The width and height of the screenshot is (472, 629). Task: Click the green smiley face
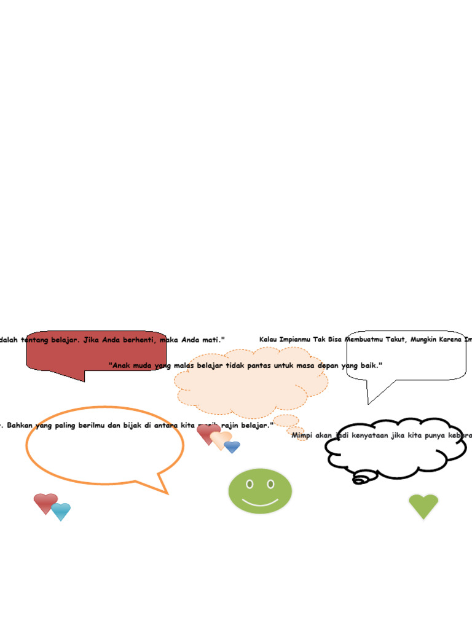pyautogui.click(x=260, y=491)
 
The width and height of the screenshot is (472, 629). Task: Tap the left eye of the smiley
pyautogui.click(x=250, y=484)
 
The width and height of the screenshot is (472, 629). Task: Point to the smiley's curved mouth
pyautogui.click(x=260, y=502)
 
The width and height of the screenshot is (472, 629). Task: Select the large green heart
pyautogui.click(x=423, y=506)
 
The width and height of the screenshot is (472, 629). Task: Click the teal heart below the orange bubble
pyautogui.click(x=61, y=510)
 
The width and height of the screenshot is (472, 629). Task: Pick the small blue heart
pyautogui.click(x=232, y=447)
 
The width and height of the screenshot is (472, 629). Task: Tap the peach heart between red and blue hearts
pyautogui.click(x=221, y=439)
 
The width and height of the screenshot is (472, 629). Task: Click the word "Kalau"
pyautogui.click(x=270, y=340)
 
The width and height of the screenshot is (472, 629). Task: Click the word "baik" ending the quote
pyautogui.click(x=371, y=365)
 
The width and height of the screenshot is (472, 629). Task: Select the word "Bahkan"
pyautogui.click(x=22, y=425)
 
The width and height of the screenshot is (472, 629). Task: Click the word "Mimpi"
pyautogui.click(x=302, y=436)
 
